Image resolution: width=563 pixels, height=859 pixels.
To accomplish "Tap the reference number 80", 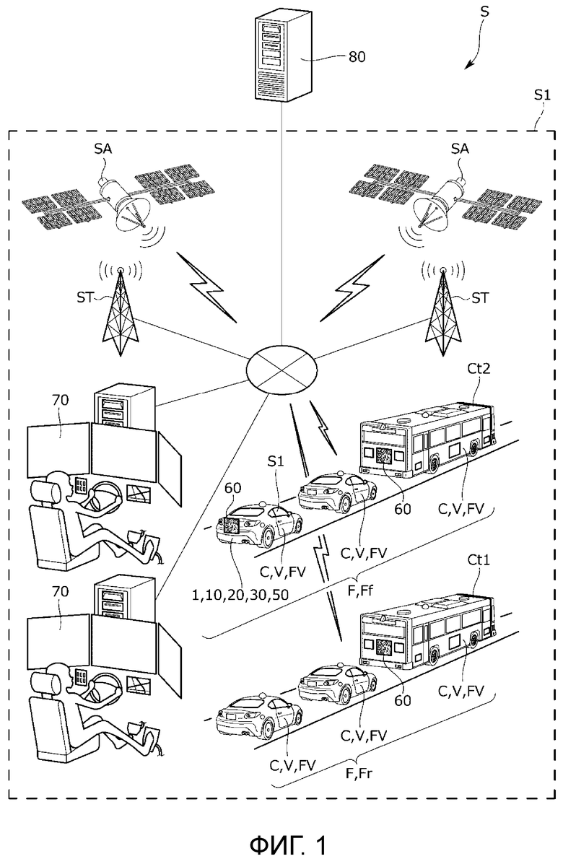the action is (x=357, y=56).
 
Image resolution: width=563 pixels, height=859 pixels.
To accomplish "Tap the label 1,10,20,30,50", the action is (x=240, y=594).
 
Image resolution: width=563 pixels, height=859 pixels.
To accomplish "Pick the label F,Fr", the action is (x=359, y=774).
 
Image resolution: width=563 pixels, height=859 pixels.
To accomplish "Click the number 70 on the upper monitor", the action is (x=60, y=401).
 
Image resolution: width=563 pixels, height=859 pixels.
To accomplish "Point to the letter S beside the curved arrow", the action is (x=484, y=12).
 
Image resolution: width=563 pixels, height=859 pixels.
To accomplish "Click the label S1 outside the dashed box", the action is (x=542, y=95).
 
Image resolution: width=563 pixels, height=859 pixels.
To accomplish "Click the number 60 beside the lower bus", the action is (x=403, y=701).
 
